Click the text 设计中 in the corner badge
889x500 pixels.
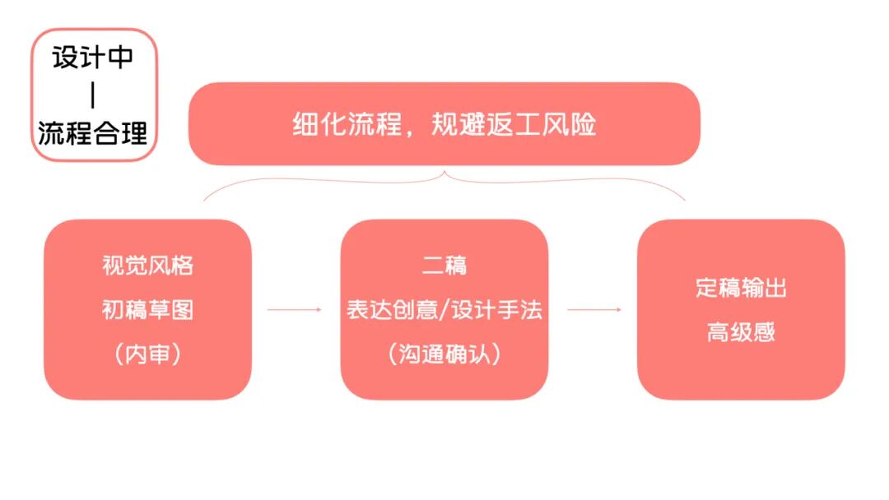[92, 59]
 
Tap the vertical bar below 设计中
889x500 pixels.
[92, 95]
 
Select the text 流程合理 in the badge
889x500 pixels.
[92, 131]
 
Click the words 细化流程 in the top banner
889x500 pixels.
[347, 125]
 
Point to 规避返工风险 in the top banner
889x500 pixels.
[513, 125]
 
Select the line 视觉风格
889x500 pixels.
[147, 266]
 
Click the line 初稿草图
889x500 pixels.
[147, 310]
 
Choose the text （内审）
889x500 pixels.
[147, 354]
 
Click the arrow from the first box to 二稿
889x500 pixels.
[295, 310]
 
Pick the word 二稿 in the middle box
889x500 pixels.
[444, 266]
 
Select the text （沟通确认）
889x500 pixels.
[444, 354]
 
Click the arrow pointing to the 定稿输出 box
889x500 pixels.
[593, 310]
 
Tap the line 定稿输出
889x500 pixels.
[741, 289]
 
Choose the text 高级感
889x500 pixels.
[741, 332]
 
